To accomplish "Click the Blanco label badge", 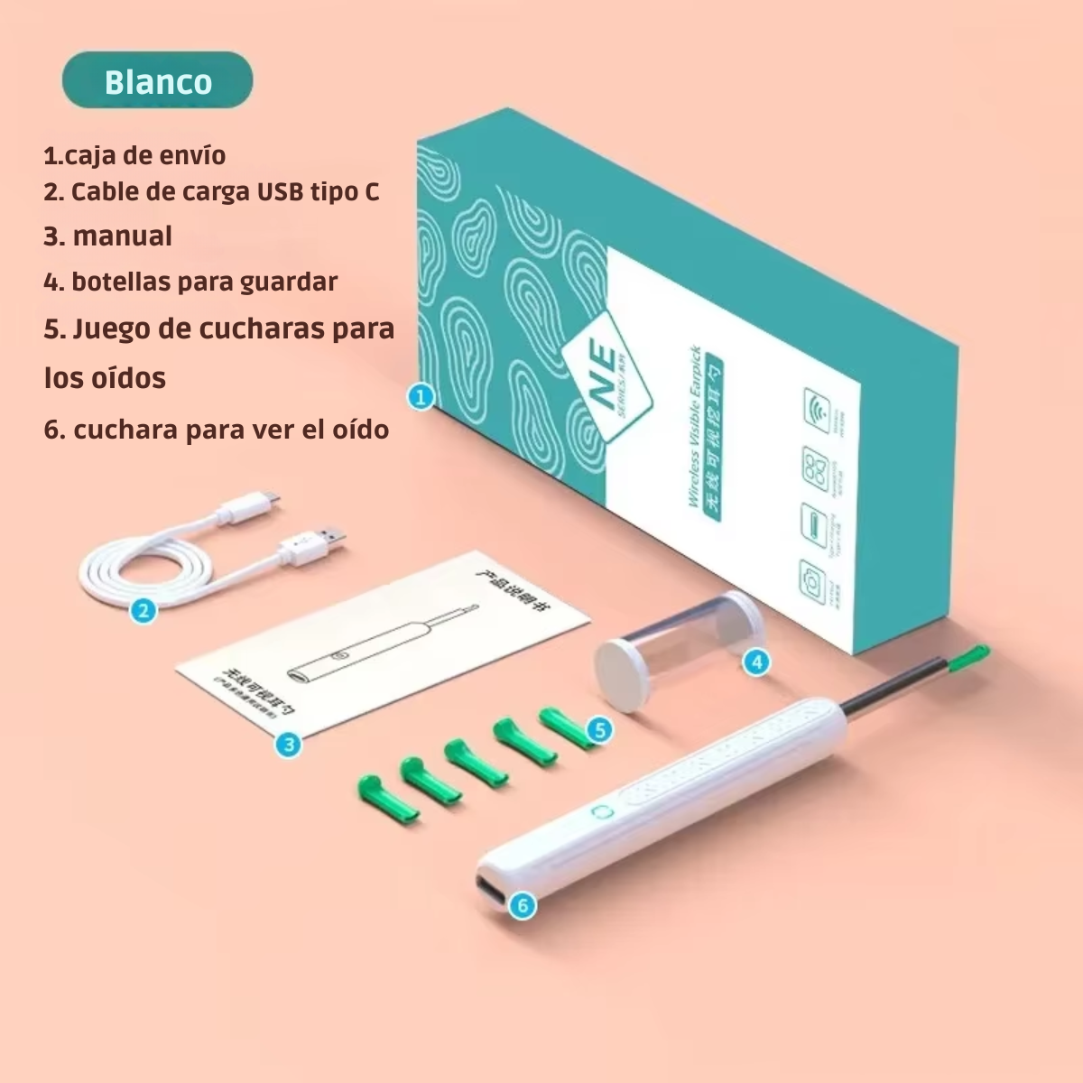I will point(158,81).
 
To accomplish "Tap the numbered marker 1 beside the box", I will point(421,395).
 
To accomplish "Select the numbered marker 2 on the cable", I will point(143,611).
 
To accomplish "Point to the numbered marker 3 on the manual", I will point(288,745).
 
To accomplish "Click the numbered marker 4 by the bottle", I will point(756,662).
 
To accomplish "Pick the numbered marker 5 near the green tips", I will point(599,729).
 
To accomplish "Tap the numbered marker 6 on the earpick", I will point(523,904).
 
